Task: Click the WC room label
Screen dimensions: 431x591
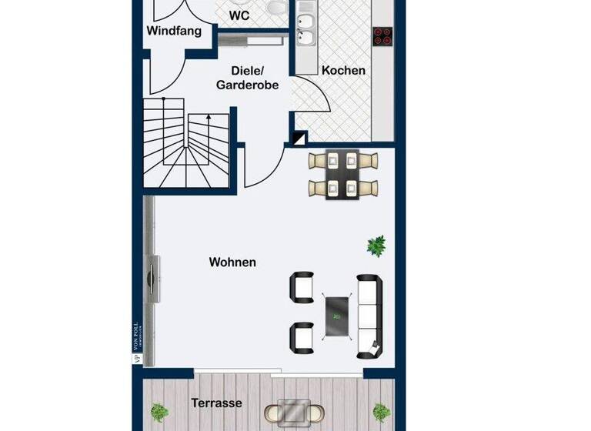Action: [x=239, y=14]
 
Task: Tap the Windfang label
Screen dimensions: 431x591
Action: [x=174, y=32]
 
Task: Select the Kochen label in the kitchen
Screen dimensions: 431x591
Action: [x=343, y=70]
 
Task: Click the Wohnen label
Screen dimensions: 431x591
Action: [x=232, y=262]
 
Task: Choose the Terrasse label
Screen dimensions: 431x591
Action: [x=216, y=403]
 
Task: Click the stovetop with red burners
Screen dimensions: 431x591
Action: [x=382, y=35]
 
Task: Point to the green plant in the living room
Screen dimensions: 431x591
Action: [x=376, y=246]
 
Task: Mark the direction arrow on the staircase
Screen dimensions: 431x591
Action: [x=208, y=120]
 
